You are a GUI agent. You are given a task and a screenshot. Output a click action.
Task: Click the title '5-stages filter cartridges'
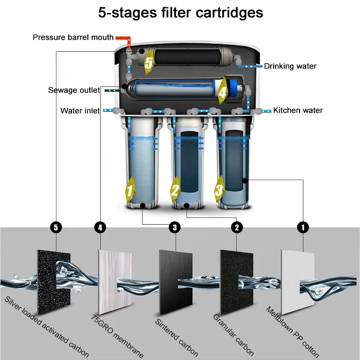point(180,13)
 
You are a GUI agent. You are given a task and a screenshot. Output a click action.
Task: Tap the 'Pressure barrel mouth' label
point(73,37)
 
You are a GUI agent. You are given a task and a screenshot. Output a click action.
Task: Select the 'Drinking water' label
point(290,66)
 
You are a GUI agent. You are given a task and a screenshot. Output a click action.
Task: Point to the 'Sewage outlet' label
point(74,90)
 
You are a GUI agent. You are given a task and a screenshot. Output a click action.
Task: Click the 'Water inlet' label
point(80,111)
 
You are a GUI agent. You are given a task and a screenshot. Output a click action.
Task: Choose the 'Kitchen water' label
point(298,110)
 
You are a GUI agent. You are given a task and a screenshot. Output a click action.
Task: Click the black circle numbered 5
point(56,228)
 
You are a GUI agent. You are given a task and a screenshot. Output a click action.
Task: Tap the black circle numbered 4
point(100,228)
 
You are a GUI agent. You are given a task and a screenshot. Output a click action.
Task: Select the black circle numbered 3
point(175,228)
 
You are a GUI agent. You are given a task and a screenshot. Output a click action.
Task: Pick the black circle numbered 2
point(237,228)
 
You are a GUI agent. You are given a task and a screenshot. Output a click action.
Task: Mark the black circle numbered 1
point(303,228)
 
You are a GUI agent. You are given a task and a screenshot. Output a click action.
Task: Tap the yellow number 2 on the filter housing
point(175,190)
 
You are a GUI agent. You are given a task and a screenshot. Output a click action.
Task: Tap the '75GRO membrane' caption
point(117,336)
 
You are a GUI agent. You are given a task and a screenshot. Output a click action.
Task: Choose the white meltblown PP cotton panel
point(298,282)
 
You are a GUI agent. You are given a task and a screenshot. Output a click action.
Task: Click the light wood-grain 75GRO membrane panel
point(115,282)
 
